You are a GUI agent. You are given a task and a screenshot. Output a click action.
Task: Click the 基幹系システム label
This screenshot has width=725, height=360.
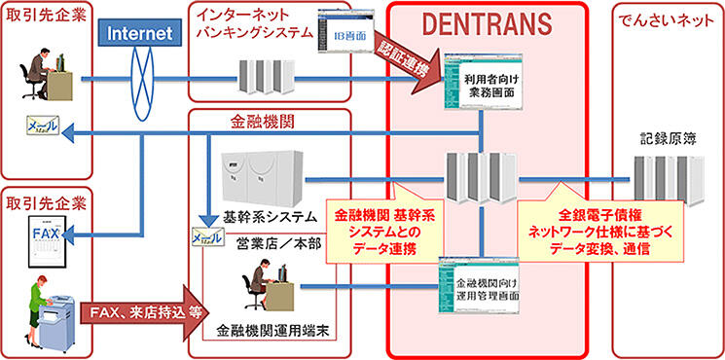[259, 216]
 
